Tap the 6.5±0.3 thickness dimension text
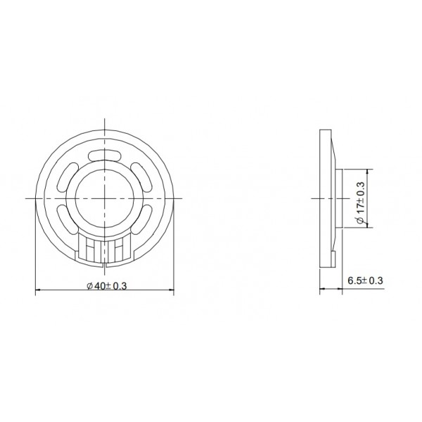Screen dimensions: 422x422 [365, 281]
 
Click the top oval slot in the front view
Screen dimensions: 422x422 [105, 155]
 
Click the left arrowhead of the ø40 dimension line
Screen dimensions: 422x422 [37, 290]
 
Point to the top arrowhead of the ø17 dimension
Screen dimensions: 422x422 [370, 171]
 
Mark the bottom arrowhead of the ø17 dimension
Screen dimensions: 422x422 [370, 227]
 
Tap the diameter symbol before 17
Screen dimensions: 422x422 [360, 220]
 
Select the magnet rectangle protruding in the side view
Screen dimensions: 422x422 [340, 199]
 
